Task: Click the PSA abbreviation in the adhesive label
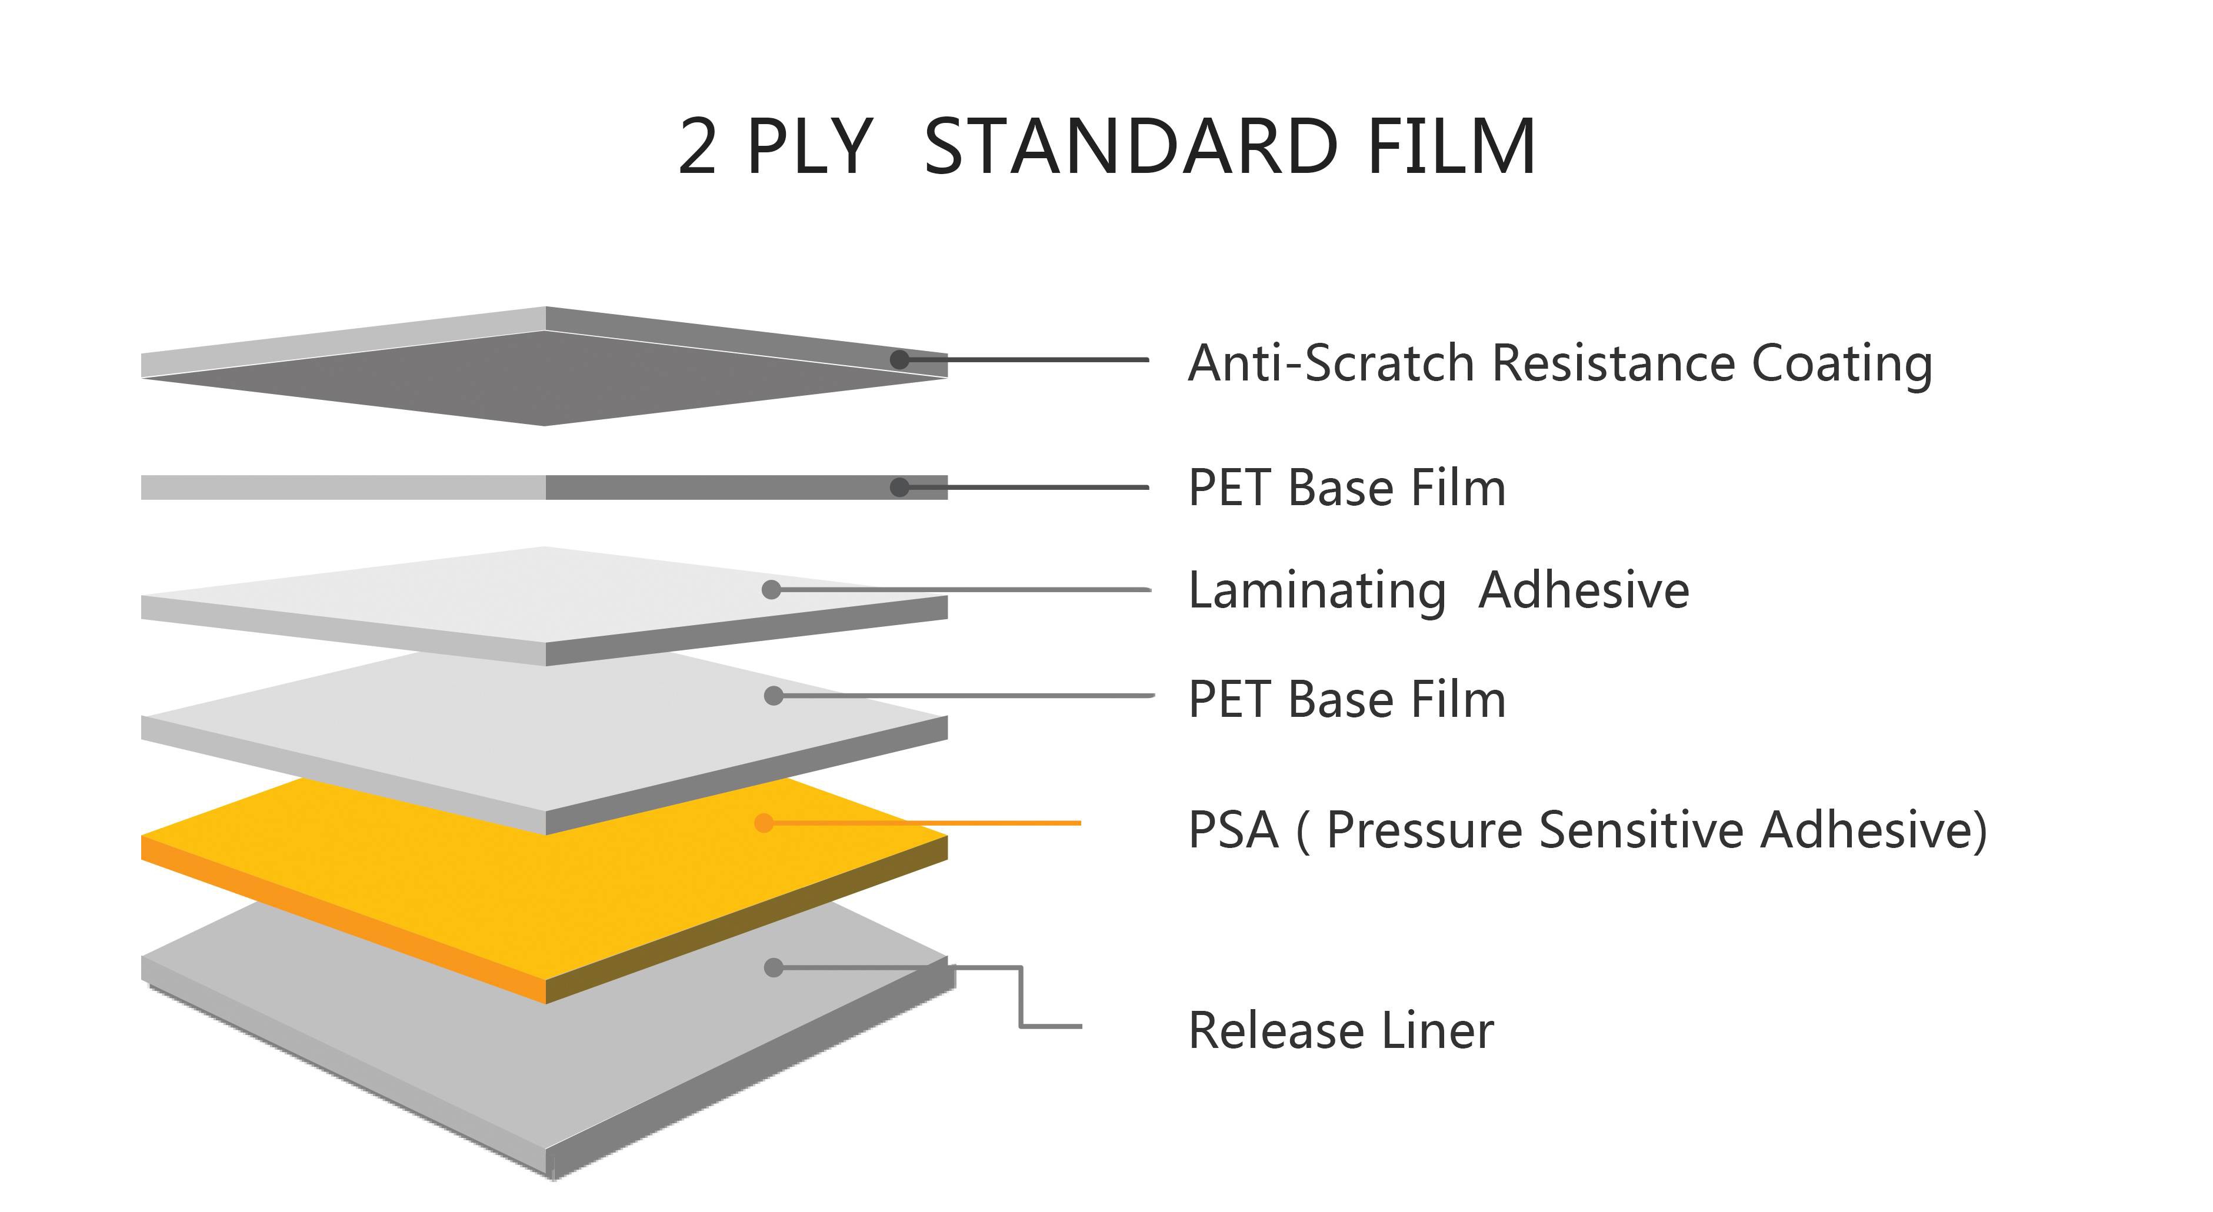[x=1234, y=830]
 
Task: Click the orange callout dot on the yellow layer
[x=764, y=823]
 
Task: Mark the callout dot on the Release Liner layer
[x=773, y=968]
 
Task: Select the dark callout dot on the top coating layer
[x=899, y=359]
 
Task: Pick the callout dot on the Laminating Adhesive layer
[x=771, y=589]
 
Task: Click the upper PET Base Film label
[x=1347, y=488]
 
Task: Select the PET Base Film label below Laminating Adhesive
[x=1347, y=699]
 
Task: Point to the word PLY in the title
[x=810, y=147]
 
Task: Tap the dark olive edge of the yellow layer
[x=746, y=920]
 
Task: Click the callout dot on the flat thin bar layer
[x=899, y=487]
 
